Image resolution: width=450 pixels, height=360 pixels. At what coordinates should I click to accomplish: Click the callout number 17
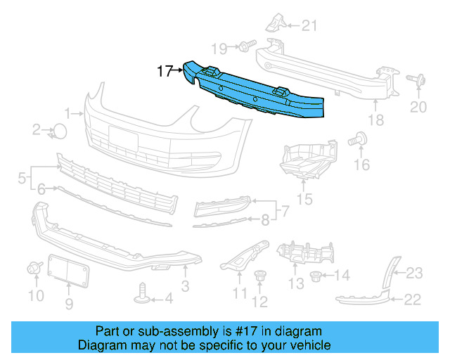pyautogui.click(x=165, y=71)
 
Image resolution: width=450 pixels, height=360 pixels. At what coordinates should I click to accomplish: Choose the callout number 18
pyautogui.click(x=376, y=120)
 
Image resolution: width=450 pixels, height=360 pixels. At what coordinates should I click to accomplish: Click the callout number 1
pyautogui.click(x=69, y=112)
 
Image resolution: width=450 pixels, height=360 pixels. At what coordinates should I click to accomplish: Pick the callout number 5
pyautogui.click(x=21, y=176)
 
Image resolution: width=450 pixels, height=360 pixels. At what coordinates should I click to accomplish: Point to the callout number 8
pyautogui.click(x=265, y=220)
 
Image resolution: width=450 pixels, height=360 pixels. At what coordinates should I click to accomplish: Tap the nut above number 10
pyautogui.click(x=32, y=268)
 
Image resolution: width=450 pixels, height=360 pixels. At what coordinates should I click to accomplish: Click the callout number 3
pyautogui.click(x=185, y=286)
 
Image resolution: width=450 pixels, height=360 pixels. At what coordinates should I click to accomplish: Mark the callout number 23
pyautogui.click(x=415, y=273)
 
